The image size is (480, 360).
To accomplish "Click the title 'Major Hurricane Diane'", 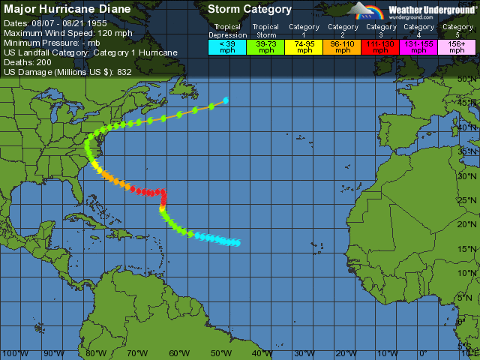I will pos(67,10).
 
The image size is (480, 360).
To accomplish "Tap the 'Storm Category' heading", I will pos(250,10).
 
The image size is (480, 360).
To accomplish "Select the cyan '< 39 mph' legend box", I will pos(227,47).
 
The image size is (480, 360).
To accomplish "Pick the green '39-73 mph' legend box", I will pos(266,47).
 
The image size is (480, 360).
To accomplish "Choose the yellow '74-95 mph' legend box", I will pos(304,47).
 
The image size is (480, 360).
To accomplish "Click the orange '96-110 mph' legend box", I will pos(343,47).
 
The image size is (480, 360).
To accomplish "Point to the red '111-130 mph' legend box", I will pos(381,47).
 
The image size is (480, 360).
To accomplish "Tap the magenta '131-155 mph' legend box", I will pos(419,47).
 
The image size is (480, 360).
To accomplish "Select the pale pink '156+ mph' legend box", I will pos(457,47).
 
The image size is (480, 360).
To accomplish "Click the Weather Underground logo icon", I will pos(365,11).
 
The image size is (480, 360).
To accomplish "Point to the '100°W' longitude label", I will pos(13,353).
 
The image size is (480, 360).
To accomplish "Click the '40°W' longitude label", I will pos(262,353).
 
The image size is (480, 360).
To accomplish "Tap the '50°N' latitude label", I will pos(468,78).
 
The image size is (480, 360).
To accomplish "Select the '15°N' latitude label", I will pos(468,249).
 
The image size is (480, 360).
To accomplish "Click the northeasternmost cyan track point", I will pos(226,100).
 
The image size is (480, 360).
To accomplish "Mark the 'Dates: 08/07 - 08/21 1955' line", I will pos(61,24).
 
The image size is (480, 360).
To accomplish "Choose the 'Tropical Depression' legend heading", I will pos(227,31).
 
